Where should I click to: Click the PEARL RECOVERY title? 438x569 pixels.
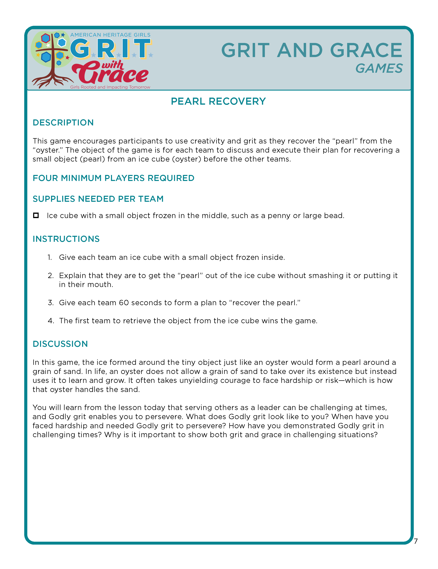pos(218,101)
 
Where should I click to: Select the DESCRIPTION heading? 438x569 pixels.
pos(63,123)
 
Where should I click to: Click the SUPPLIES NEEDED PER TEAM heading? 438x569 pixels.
pos(98,199)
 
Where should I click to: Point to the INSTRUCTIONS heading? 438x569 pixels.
pos(66,239)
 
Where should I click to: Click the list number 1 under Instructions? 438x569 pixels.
pos(49,257)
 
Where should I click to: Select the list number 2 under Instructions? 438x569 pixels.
pos(50,276)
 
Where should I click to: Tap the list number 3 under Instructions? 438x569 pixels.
pos(50,303)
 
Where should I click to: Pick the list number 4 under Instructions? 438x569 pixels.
pos(51,321)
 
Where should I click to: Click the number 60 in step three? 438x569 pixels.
pos(124,303)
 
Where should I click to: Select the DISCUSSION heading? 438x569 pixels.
pos(60,344)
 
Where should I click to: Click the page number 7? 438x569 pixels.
pos(416,541)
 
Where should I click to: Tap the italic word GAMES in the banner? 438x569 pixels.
pos(379,69)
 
